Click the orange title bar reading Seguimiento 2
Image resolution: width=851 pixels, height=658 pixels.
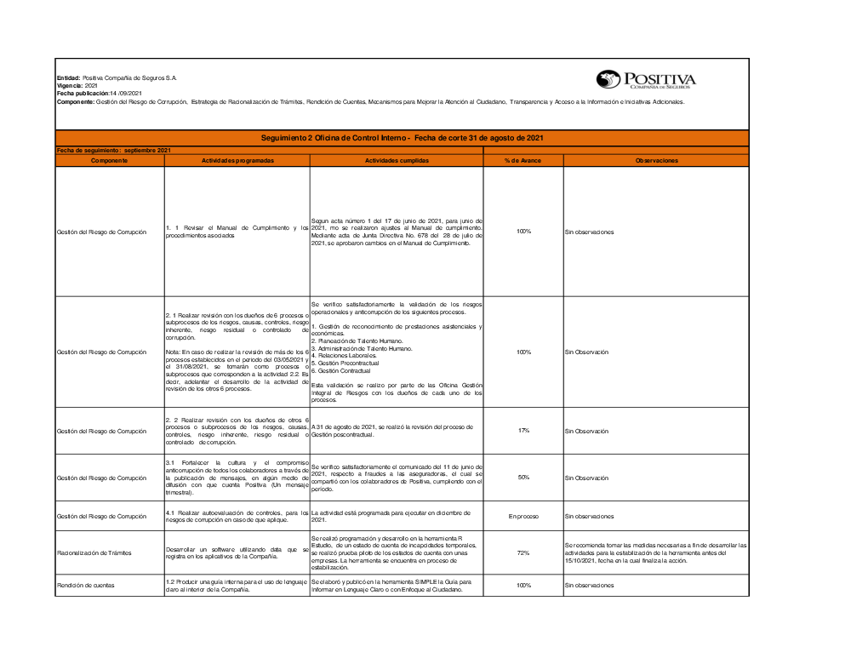pos(402,138)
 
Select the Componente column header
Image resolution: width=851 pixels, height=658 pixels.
pos(110,160)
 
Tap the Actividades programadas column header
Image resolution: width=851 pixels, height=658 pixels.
pos(237,160)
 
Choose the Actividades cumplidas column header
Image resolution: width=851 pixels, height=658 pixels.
pos(397,160)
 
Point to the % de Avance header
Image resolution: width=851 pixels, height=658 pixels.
pos(523,160)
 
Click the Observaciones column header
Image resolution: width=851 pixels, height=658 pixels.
pos(656,160)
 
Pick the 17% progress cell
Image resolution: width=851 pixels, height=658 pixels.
pos(523,431)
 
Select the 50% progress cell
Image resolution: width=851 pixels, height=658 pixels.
pos(523,478)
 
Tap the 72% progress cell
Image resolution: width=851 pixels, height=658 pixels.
pos(523,553)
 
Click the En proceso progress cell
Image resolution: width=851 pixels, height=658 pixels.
pos(523,516)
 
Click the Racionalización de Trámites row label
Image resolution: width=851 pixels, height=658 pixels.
pos(94,553)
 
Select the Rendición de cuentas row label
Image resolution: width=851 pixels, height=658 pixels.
pos(86,586)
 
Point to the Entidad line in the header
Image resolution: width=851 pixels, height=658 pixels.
pos(117,77)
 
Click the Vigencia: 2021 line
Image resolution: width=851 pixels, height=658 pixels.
pos(77,86)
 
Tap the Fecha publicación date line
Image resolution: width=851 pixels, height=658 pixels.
pos(99,94)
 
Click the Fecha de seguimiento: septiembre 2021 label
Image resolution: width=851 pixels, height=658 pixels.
pos(113,151)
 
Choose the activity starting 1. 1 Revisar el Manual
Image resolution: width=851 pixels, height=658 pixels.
pos(237,231)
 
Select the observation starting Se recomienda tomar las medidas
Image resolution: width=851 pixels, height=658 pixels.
pos(655,553)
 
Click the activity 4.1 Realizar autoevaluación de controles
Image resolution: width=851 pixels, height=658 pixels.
pos(237,516)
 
